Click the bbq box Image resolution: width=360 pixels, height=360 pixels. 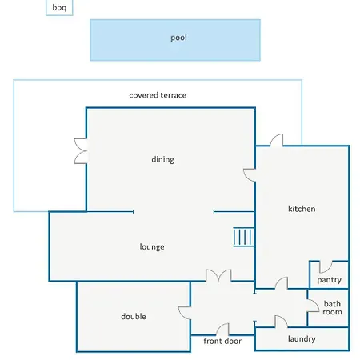(59, 7)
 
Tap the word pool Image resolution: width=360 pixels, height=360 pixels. (178, 38)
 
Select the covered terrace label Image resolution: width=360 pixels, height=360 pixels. (158, 95)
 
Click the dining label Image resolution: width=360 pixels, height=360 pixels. (162, 159)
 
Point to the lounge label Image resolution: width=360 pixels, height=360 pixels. (152, 246)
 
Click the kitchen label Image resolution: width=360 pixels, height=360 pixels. (302, 209)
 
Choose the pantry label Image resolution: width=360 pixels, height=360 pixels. (329, 280)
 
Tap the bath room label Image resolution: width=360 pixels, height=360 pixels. (332, 308)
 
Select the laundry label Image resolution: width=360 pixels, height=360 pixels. (302, 339)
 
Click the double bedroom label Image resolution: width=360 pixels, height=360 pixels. (134, 317)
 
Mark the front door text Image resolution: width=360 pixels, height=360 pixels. (222, 341)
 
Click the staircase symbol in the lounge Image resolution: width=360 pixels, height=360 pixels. (244, 237)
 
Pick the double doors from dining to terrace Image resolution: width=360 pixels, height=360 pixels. (81, 151)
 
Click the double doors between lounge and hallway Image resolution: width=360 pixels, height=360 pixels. (218, 275)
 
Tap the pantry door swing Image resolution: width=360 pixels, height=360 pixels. (326, 266)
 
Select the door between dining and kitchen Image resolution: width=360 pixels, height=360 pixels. (250, 175)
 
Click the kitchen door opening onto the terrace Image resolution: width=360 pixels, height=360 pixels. (277, 140)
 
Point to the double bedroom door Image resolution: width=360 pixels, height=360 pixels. (185, 313)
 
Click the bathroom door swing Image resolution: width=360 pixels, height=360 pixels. (313, 306)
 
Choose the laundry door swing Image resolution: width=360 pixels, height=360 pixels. (282, 322)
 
